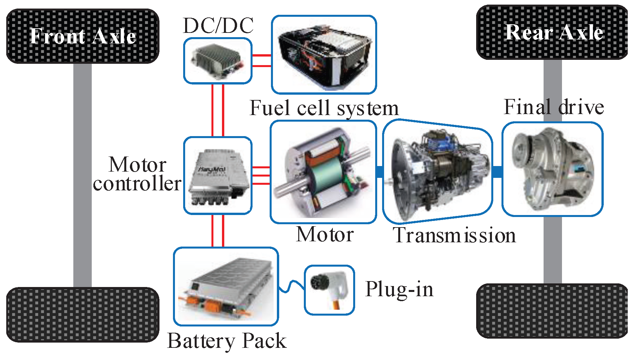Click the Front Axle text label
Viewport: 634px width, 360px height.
click(x=83, y=36)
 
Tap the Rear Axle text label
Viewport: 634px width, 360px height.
click(x=554, y=32)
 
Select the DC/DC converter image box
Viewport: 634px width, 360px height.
click(x=218, y=61)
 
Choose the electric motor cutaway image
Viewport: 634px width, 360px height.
click(x=323, y=172)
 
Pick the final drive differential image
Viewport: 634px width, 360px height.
click(x=552, y=169)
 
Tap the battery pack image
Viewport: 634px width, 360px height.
click(x=226, y=287)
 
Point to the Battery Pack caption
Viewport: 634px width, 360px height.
click(x=227, y=341)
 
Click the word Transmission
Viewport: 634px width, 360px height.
click(x=454, y=235)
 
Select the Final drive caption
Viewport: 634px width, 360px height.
click(x=554, y=107)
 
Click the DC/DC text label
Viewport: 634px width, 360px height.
click(x=218, y=26)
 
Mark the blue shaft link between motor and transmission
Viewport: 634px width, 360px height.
click(x=380, y=172)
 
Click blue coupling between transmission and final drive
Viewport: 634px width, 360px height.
click(x=497, y=172)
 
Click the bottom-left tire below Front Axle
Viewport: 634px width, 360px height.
click(x=83, y=315)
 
